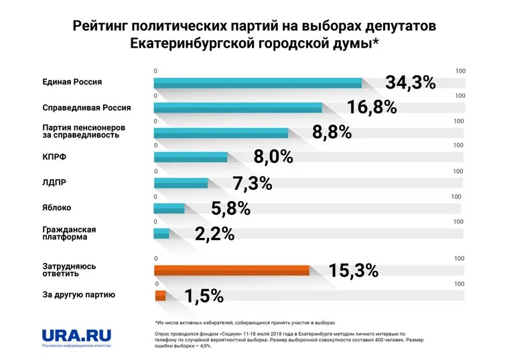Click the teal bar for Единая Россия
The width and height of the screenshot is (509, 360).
(258, 83)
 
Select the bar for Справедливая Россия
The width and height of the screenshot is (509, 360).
(238, 108)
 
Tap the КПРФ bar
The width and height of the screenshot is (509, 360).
(191, 158)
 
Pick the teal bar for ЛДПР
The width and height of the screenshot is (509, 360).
(181, 183)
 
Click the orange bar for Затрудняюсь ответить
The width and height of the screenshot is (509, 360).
(232, 270)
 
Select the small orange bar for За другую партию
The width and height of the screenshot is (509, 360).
(159, 296)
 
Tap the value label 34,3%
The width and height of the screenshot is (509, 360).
(411, 83)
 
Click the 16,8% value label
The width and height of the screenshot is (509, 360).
(372, 107)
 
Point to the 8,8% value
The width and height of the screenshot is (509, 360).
(332, 132)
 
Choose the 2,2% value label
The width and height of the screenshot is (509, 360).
(214, 234)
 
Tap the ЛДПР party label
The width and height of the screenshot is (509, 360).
(54, 182)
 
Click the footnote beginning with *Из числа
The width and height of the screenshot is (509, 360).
(244, 322)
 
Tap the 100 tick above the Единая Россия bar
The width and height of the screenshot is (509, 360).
(460, 71)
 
